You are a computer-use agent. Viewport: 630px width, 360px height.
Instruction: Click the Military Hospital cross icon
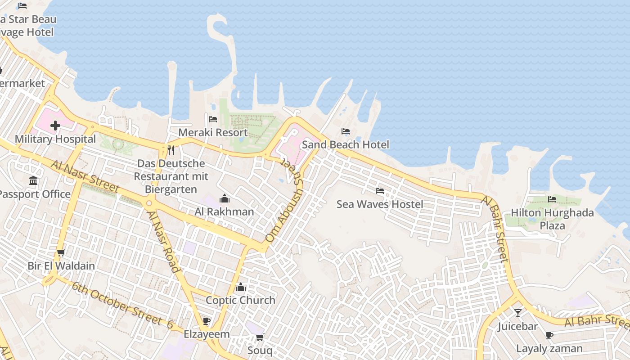coord(55,126)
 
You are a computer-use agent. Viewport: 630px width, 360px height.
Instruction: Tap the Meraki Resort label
coord(213,133)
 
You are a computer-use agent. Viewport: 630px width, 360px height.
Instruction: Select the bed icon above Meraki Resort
coord(213,119)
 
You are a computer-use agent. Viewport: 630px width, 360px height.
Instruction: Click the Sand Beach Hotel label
coord(345,144)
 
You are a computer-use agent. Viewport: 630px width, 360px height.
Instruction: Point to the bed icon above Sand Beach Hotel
coord(346,131)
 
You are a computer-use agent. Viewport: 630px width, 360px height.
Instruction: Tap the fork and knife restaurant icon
coord(171,150)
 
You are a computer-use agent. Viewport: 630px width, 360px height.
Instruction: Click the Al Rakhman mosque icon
coord(224,198)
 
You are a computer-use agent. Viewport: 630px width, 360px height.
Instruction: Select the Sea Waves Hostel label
coord(380,204)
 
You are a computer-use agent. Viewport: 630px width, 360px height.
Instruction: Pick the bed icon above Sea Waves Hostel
coord(380,191)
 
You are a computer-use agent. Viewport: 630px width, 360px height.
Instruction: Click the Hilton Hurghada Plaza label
coord(552,219)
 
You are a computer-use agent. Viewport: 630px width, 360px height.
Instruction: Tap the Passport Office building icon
coord(33,181)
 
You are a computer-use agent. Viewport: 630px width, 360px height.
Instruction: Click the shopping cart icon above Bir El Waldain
coord(61,252)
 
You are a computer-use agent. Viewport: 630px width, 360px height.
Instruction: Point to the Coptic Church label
coord(240,300)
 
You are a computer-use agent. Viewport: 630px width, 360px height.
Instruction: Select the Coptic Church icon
coord(241,287)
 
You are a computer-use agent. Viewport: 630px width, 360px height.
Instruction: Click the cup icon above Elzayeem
coord(207,321)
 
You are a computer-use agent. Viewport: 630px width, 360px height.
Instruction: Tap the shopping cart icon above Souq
coord(260,337)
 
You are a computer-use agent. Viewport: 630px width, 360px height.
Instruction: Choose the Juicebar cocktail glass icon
coord(518,313)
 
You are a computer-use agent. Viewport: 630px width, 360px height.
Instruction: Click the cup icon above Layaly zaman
coord(549,335)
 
